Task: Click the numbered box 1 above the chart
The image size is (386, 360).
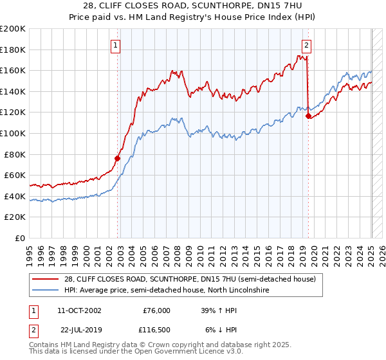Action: pos(115,45)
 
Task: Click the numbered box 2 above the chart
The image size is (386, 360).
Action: pos(306,45)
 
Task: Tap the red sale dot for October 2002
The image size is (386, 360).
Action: pos(118,158)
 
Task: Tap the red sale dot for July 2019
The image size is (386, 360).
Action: pos(308,116)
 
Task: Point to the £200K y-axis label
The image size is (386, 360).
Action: pos(13,29)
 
